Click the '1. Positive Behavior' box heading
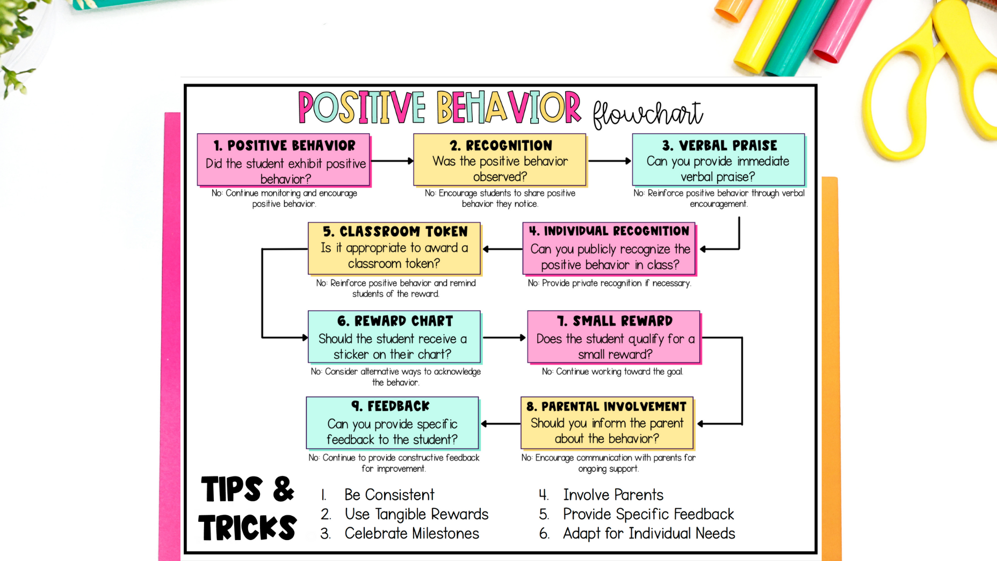(284, 146)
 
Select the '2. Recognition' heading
(500, 146)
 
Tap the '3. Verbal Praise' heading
(719, 146)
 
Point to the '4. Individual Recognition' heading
(609, 232)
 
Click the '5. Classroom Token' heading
(394, 232)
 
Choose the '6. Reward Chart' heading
(394, 321)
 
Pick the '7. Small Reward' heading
(614, 321)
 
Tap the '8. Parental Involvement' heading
(606, 407)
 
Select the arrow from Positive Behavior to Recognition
(392, 161)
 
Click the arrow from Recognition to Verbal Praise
(609, 161)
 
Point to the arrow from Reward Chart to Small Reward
(504, 337)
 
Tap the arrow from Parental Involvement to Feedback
(501, 423)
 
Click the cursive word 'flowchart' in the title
(647, 114)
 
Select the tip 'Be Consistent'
(389, 495)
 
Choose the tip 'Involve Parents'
(613, 495)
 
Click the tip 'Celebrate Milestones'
(411, 534)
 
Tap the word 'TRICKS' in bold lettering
(248, 528)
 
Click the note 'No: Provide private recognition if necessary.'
(609, 283)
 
